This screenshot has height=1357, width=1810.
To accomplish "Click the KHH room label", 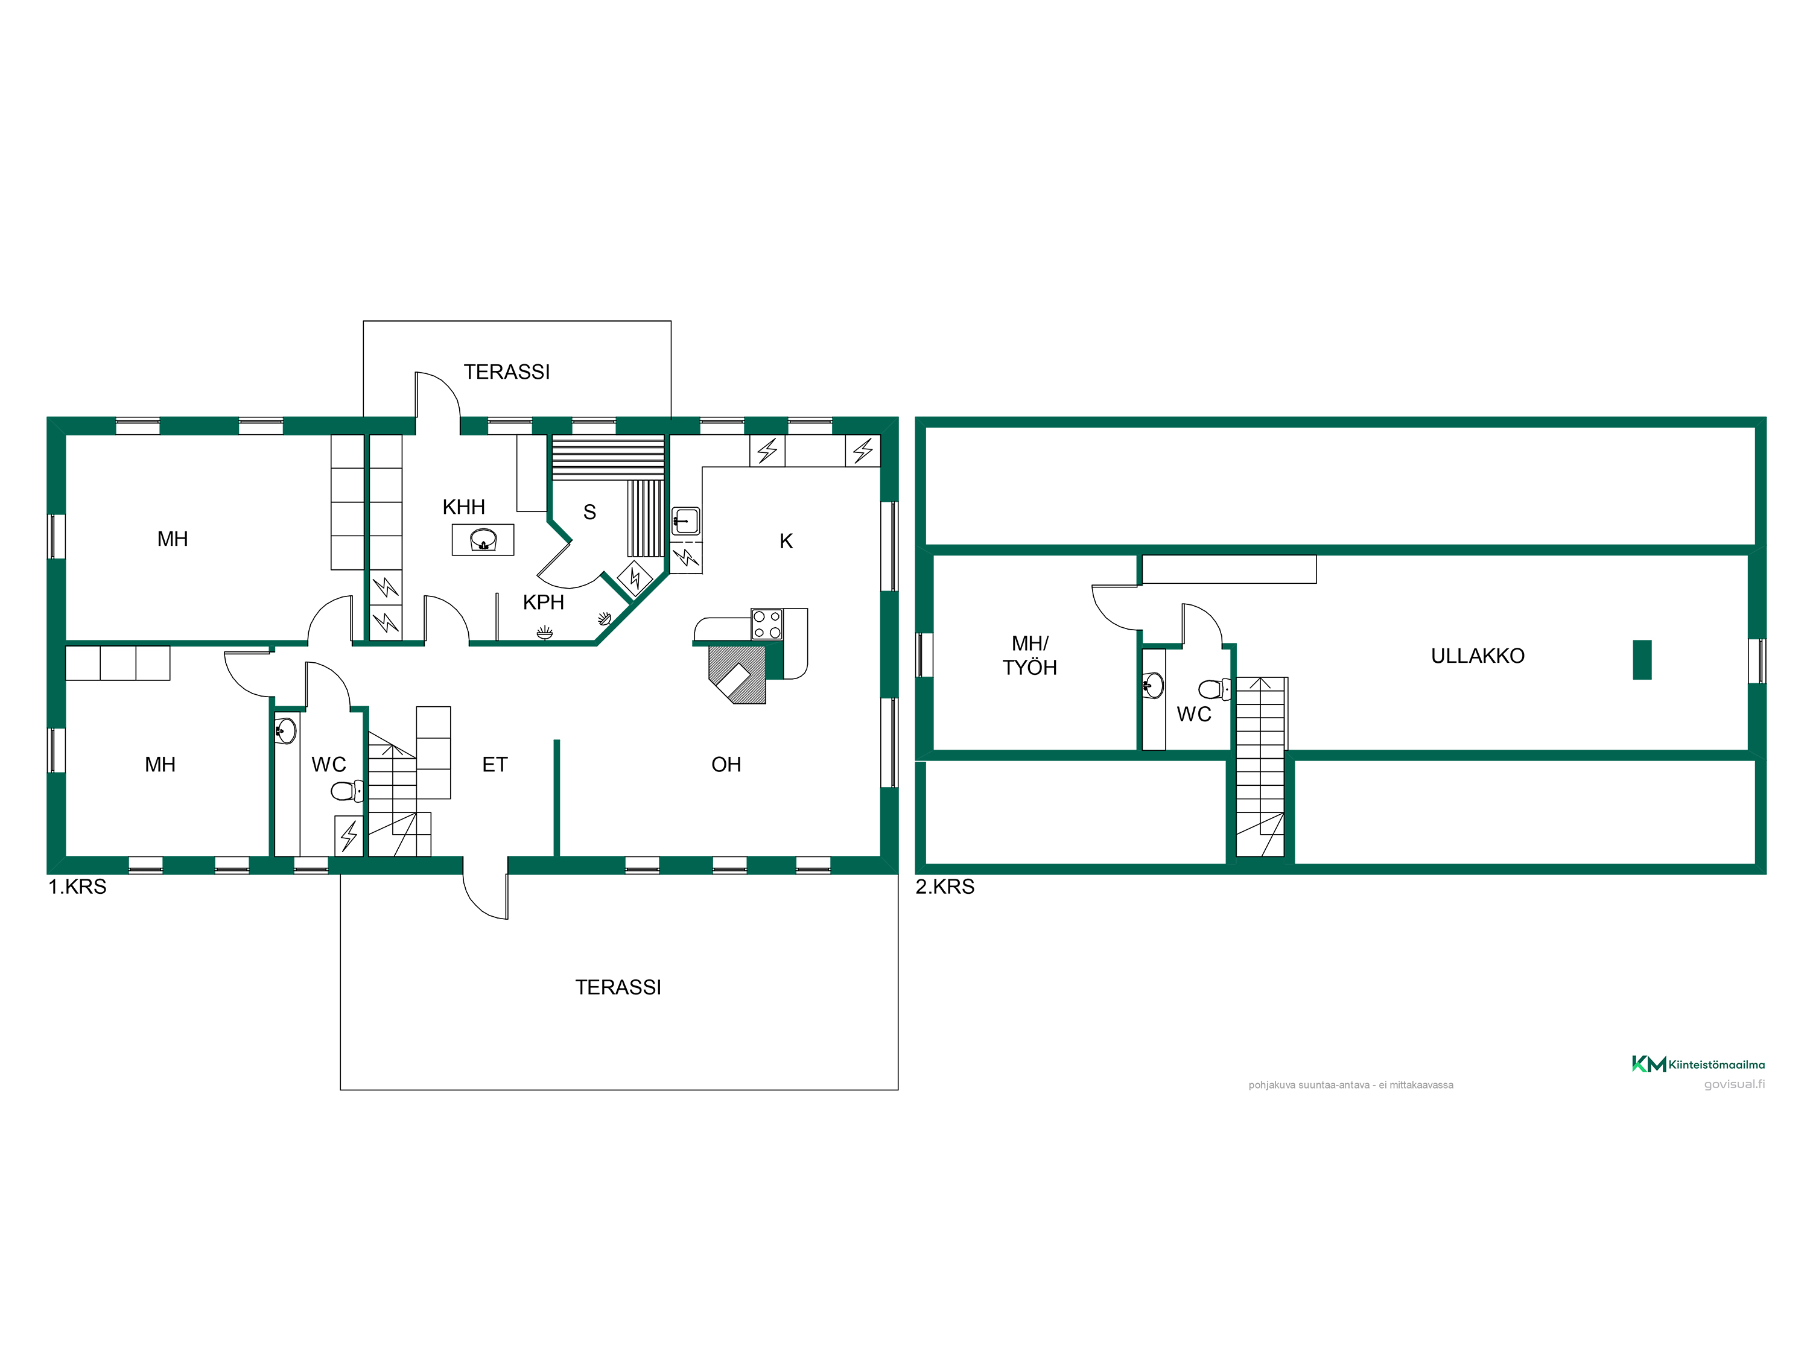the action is click(x=463, y=507).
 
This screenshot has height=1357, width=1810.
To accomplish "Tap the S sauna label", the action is click(x=589, y=512).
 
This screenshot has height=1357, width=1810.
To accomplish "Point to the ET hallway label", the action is click(x=494, y=764).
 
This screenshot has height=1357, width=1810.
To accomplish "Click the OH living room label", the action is click(x=726, y=764).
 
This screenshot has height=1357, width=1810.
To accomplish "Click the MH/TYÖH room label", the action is click(x=1029, y=655).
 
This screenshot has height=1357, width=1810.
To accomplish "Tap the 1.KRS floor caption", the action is click(x=77, y=887).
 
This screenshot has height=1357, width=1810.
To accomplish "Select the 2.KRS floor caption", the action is click(x=944, y=887).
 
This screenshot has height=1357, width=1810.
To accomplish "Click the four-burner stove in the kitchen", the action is click(x=767, y=624).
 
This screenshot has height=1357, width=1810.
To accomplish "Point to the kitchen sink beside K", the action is click(x=686, y=520).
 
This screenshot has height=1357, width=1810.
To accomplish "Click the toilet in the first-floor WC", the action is click(x=347, y=791).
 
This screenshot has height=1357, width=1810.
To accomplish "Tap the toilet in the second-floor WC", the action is click(x=1215, y=689).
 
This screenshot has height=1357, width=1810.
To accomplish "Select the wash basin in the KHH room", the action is click(x=483, y=540).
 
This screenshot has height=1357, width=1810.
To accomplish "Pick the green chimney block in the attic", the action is click(x=1642, y=659).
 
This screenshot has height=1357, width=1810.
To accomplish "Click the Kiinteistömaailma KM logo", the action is click(x=1698, y=1064).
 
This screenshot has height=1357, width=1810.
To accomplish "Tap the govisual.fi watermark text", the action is click(x=1734, y=1084).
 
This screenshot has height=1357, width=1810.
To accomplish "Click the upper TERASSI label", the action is click(x=507, y=372).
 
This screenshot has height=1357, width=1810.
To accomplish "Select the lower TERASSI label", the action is click(x=618, y=987).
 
